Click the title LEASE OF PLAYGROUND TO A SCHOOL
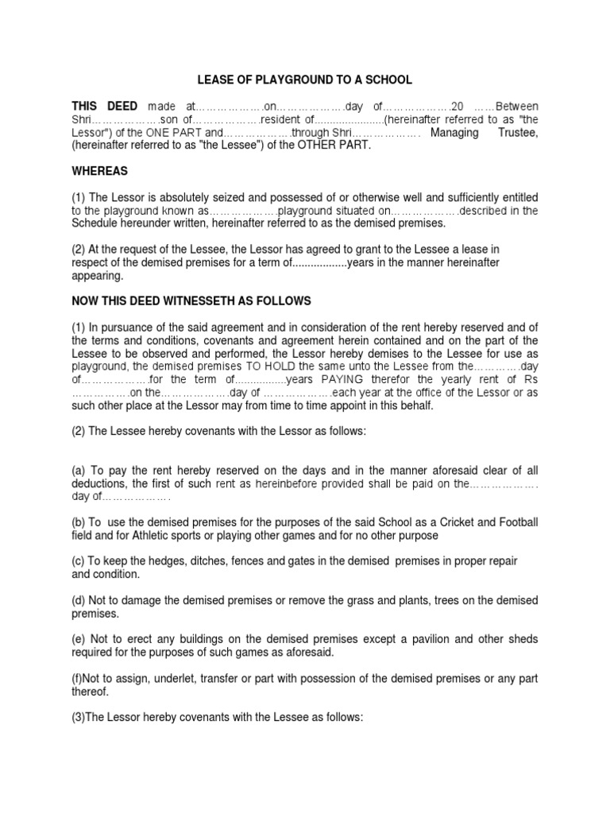pos(305,80)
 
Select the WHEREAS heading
pos(99,171)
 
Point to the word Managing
pos(454,133)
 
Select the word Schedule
pos(95,223)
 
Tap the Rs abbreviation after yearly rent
pos(530,378)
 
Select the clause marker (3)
pos(79,717)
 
